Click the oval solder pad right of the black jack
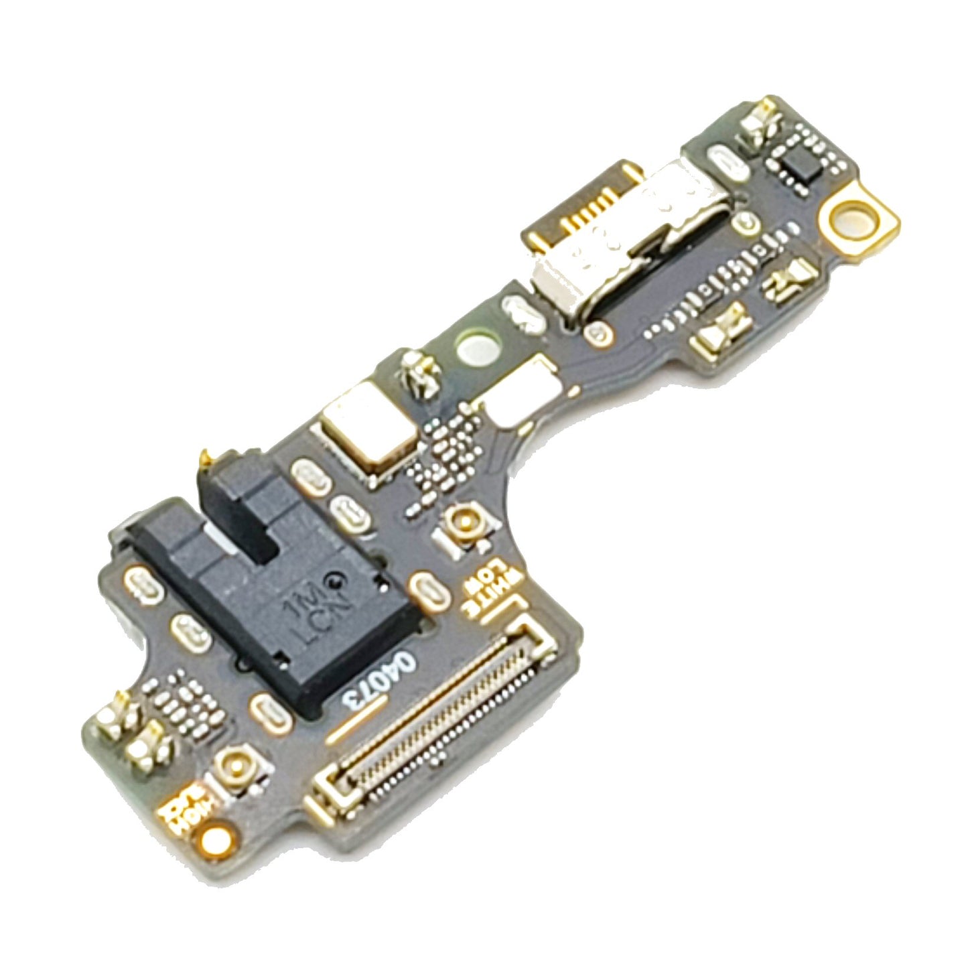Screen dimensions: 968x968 429,590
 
